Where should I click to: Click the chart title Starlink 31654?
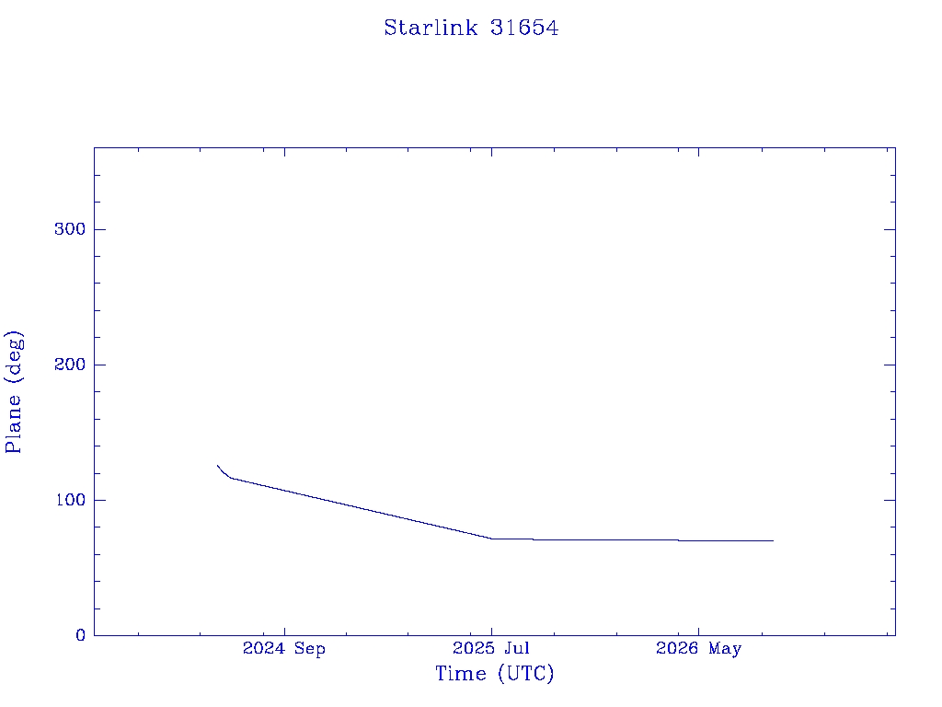point(471,28)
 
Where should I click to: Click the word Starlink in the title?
point(431,28)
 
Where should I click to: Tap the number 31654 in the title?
point(524,28)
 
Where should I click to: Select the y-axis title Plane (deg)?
point(13,391)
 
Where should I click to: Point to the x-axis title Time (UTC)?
point(494,673)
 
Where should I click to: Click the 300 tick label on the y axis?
point(70,229)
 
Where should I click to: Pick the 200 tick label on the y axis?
point(70,365)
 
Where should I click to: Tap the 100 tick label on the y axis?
point(70,500)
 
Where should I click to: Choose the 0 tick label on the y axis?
point(81,635)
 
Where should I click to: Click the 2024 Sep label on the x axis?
point(284,649)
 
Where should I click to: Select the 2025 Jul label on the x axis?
point(491,648)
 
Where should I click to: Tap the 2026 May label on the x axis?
point(699,649)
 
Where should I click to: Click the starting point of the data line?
point(217,465)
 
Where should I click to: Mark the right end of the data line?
point(773,540)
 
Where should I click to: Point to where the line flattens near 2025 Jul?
point(491,538)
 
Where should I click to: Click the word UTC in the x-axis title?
point(526,673)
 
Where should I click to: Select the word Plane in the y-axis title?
point(13,423)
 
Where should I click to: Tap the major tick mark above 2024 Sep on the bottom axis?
point(285,632)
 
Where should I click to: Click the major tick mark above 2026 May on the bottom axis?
point(699,632)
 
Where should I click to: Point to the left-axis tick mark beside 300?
point(99,229)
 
